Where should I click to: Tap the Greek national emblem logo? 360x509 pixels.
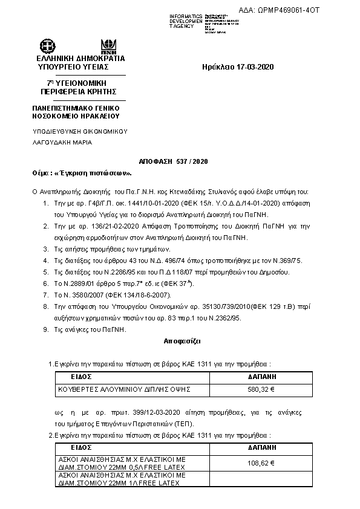click(47, 47)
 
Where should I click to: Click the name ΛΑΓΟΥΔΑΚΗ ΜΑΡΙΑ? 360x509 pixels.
click(62, 143)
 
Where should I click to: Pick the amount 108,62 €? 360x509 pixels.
click(261, 463)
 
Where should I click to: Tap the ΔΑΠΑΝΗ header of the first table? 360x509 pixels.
click(262, 377)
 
